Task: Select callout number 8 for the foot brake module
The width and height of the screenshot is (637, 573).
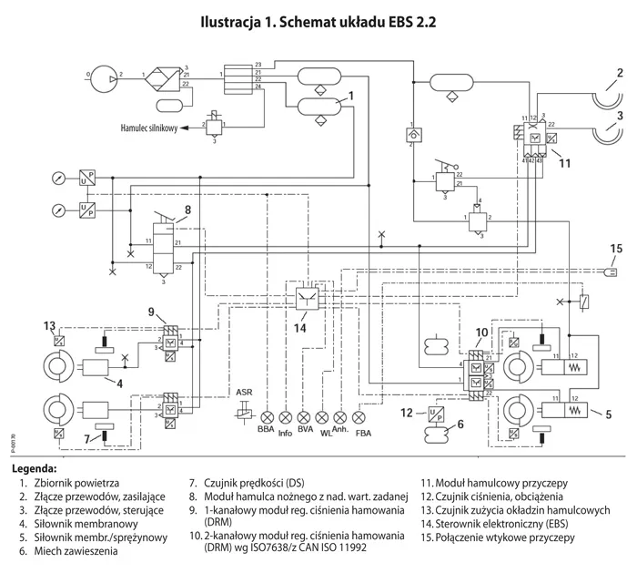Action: point(187,210)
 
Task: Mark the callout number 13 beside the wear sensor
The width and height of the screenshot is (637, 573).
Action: point(51,326)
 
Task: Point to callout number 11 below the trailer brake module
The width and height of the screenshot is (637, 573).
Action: point(564,165)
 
